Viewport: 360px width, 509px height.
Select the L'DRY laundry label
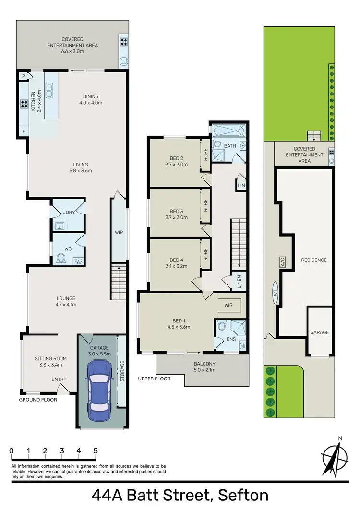pyautogui.click(x=67, y=213)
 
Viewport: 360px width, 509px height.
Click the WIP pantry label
pyautogui.click(x=119, y=232)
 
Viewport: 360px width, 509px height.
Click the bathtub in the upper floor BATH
pyautogui.click(x=228, y=130)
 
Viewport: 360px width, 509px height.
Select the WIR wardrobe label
pyautogui.click(x=228, y=305)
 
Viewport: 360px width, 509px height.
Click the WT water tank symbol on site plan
pyautogui.click(x=276, y=292)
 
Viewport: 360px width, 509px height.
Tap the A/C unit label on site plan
pyautogui.click(x=283, y=262)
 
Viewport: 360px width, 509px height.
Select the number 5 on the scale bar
pyautogui.click(x=96, y=451)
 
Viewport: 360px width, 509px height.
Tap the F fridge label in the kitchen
pyautogui.click(x=23, y=130)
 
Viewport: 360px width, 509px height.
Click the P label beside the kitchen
pyautogui.click(x=23, y=76)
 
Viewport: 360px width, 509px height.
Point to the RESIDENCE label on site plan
pyautogui.click(x=313, y=260)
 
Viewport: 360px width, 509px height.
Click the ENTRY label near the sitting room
pyautogui.click(x=59, y=380)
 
